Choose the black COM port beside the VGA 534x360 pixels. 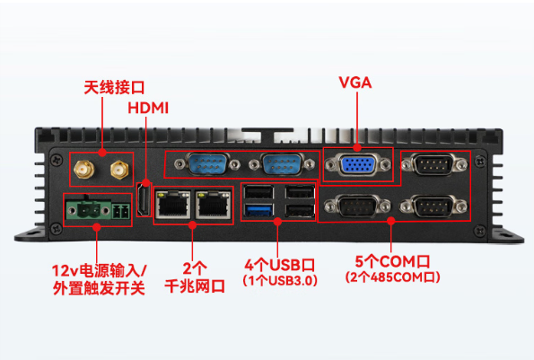coord(436,167)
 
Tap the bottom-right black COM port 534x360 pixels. coord(436,206)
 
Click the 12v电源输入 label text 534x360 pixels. coord(99,269)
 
